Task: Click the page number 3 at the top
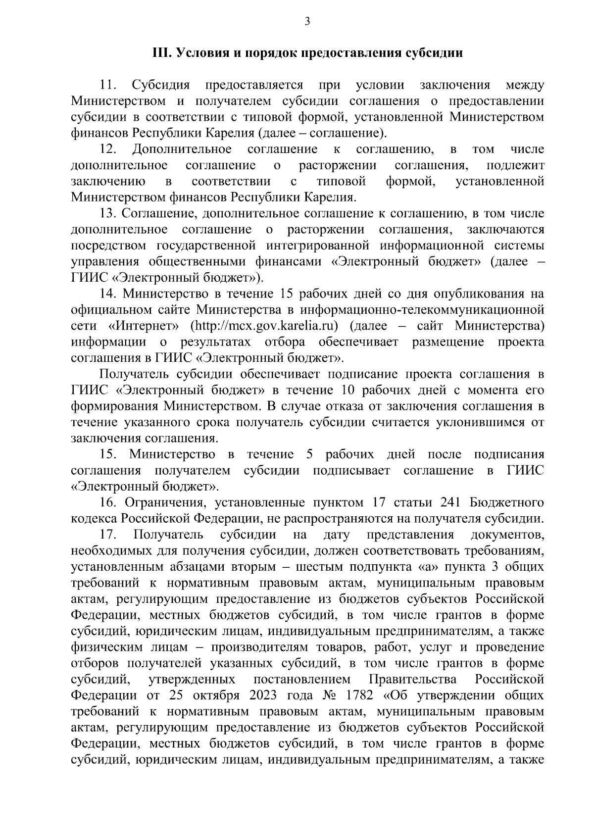(307, 21)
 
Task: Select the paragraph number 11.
(107, 85)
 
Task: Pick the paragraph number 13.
(107, 214)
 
